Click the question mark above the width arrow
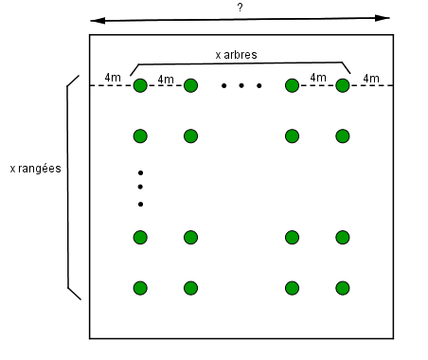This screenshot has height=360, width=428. [241, 7]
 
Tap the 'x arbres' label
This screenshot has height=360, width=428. [236, 55]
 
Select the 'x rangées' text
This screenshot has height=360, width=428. [35, 169]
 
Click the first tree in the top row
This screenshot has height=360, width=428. [140, 86]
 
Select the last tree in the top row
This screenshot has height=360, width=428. [343, 86]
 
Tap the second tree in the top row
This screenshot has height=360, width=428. [190, 86]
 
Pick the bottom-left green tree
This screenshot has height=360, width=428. [140, 288]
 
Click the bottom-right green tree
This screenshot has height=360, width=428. [343, 288]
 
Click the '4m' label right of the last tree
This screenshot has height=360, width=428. [371, 78]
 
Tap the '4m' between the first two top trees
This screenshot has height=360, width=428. [166, 79]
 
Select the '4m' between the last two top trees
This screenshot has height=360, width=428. [318, 78]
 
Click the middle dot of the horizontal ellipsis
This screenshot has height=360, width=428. [241, 86]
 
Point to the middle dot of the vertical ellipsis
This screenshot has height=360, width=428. [140, 188]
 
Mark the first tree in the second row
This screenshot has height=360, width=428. [140, 136]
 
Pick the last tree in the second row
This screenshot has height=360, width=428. [343, 136]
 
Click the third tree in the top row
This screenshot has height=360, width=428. [292, 86]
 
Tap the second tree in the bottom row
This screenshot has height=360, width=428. [190, 288]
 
